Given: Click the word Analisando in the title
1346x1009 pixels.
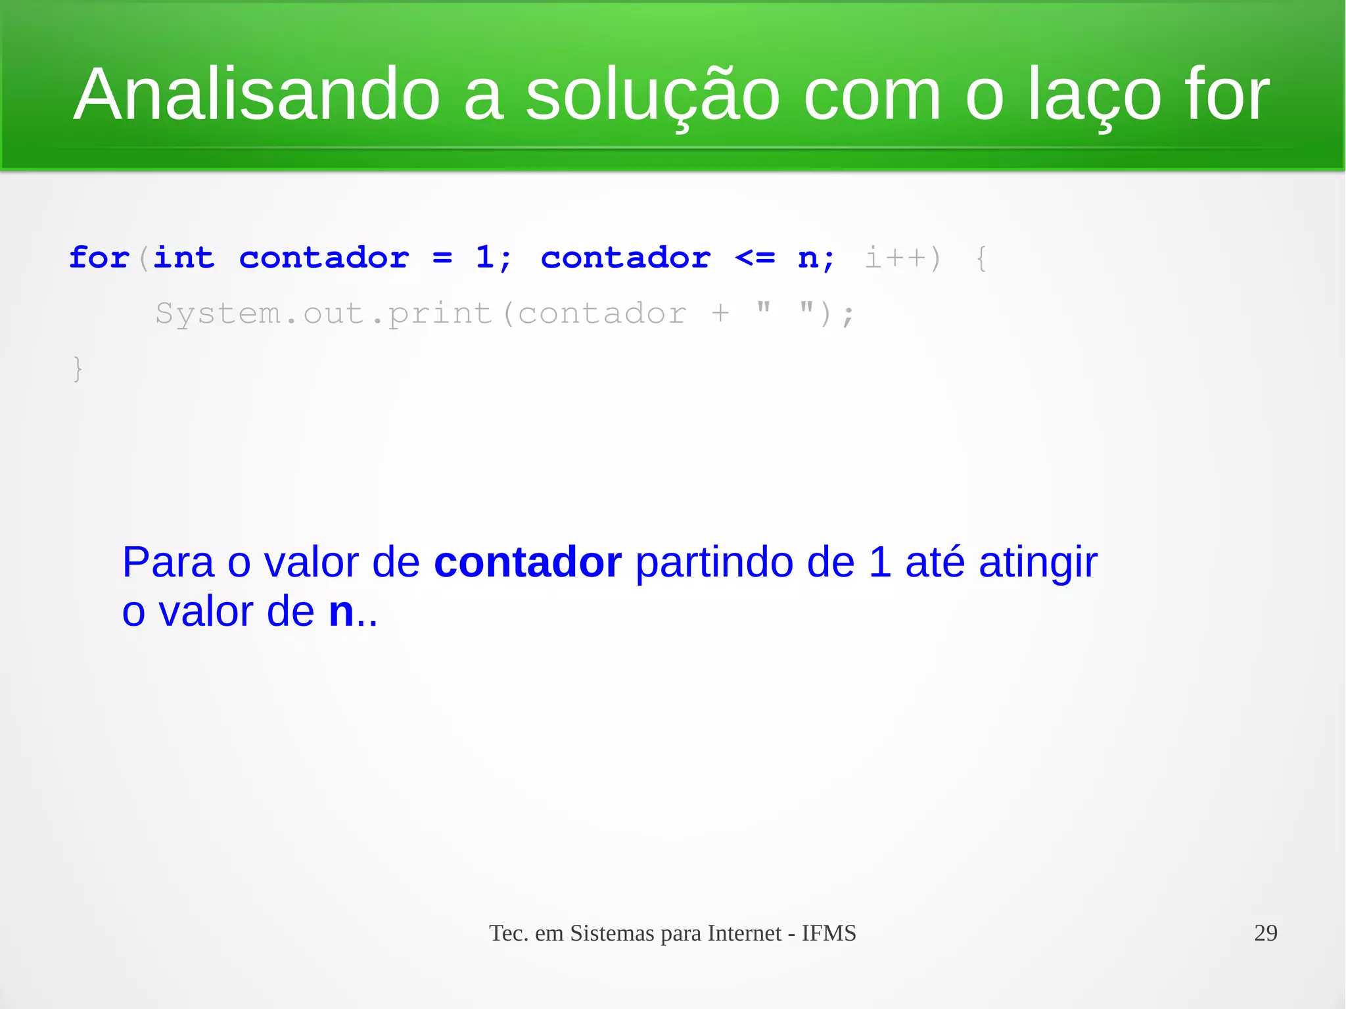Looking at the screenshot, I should (x=256, y=95).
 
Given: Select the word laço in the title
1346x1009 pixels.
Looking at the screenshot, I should (x=1094, y=95).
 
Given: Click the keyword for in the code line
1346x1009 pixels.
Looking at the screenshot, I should (x=99, y=258).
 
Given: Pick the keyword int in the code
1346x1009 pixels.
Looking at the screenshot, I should (x=184, y=258).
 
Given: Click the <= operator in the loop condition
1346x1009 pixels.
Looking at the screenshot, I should (x=755, y=258).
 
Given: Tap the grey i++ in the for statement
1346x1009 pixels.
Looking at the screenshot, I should (x=894, y=258).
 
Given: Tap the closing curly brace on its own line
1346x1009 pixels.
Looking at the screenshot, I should (x=78, y=369).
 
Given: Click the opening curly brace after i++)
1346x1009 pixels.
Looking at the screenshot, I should (x=981, y=258).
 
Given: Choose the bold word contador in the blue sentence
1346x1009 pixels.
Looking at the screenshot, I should (x=527, y=563).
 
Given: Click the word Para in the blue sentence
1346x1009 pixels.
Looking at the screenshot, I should (x=168, y=563).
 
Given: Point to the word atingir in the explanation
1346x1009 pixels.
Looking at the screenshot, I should (x=1038, y=563).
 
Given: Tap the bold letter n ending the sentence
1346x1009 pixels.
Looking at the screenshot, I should (x=341, y=612).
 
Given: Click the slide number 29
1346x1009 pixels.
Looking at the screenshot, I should (x=1265, y=933).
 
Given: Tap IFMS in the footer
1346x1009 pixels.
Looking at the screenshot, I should (x=829, y=933).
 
